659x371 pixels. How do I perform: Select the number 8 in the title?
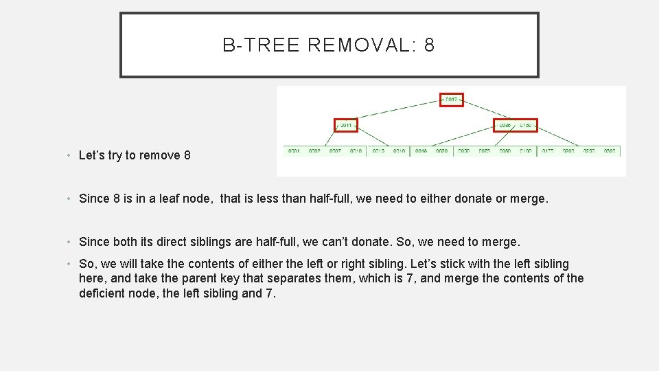[430, 45]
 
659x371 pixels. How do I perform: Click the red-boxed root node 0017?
[452, 100]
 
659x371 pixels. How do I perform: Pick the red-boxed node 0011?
[346, 125]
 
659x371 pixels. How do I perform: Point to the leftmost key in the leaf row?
[294, 150]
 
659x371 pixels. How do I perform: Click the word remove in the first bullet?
[161, 155]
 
